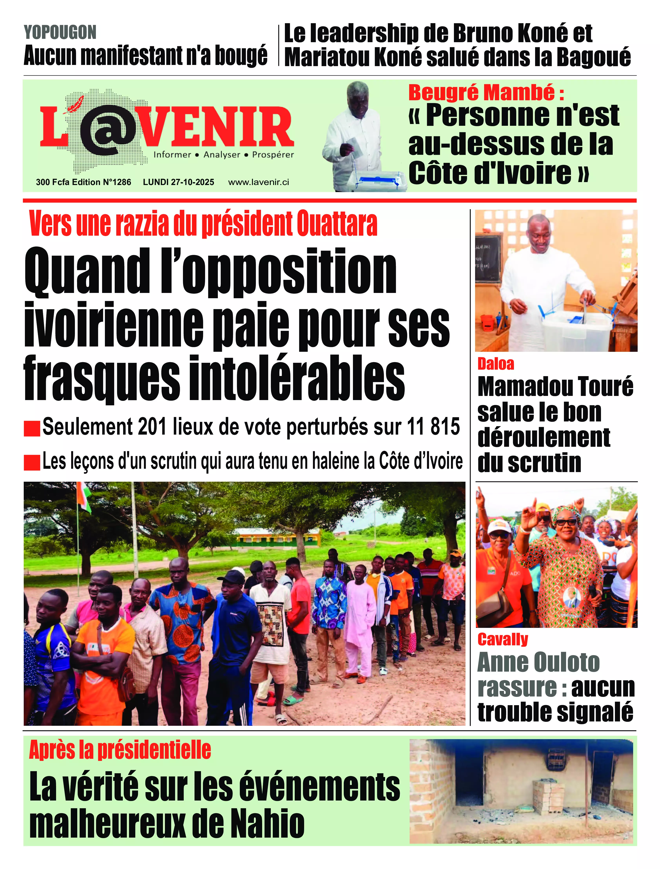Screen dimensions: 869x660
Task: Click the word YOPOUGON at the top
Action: pyautogui.click(x=60, y=32)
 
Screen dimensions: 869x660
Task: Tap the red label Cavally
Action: pyautogui.click(x=503, y=639)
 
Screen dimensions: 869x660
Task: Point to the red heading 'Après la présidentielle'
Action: pyautogui.click(x=120, y=750)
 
